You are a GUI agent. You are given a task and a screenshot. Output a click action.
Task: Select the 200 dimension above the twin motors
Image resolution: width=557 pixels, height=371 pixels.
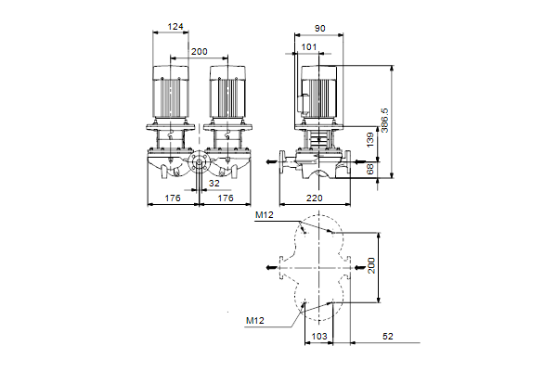tap(199, 51)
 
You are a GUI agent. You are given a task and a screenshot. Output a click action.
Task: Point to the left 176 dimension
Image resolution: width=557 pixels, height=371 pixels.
tap(173, 198)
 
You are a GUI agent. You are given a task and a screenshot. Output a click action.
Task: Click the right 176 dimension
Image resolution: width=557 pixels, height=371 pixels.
tap(224, 198)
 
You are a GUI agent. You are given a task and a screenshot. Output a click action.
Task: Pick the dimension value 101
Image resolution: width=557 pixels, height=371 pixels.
tap(309, 46)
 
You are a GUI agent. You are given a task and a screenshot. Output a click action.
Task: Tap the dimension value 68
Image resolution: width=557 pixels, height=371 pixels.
tap(370, 169)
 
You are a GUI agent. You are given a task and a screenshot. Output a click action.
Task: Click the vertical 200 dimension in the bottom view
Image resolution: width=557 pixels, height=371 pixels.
tap(370, 266)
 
